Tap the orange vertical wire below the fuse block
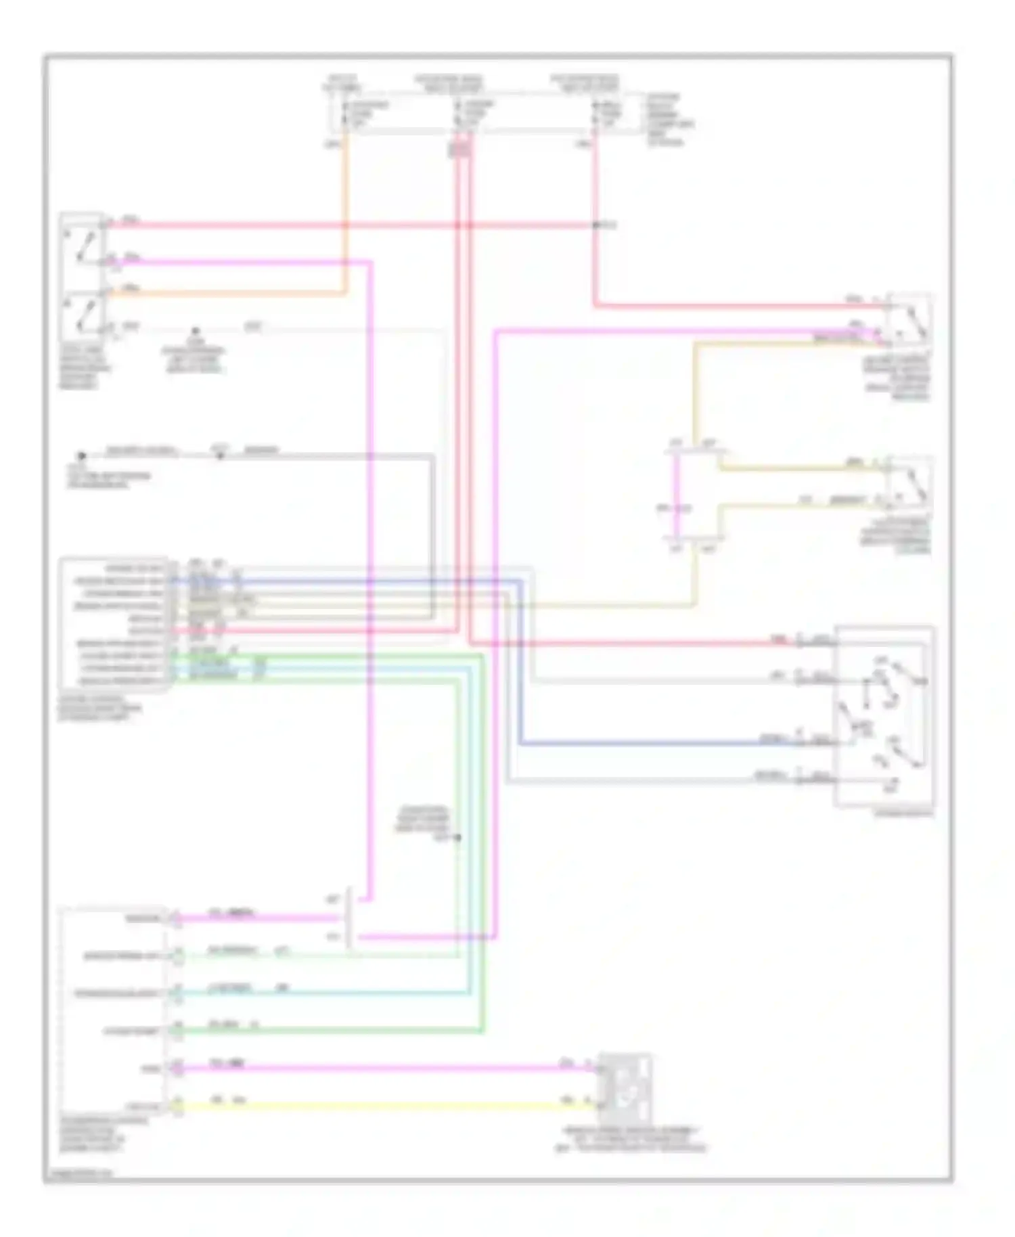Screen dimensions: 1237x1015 (x=346, y=217)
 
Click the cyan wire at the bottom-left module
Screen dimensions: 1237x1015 (x=325, y=993)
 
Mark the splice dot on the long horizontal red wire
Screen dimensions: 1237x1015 (x=595, y=225)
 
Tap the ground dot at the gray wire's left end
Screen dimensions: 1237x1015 (x=81, y=456)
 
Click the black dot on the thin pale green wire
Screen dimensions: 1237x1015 (x=457, y=838)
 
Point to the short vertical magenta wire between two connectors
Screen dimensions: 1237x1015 (x=676, y=494)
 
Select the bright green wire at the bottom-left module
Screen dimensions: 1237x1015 (x=325, y=1031)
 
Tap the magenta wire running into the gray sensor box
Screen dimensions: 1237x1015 (x=379, y=1069)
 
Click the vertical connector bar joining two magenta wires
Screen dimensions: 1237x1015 (x=349, y=919)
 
